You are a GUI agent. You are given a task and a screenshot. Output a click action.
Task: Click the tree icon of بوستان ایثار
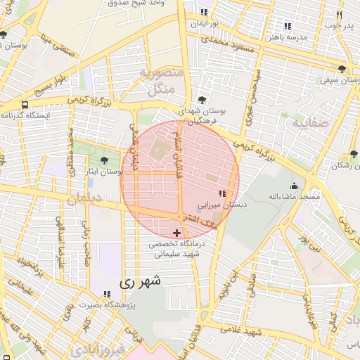[x=105, y=161]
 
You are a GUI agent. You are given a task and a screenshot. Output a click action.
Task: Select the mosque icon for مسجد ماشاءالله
[x=294, y=187]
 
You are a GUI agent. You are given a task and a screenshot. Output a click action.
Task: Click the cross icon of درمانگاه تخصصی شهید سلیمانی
[x=176, y=232]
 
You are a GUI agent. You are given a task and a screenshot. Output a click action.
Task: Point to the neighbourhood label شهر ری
[x=140, y=281]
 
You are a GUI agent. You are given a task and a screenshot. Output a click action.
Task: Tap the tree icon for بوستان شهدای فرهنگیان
[x=202, y=100]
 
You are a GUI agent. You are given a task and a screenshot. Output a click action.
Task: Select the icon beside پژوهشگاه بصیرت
[x=107, y=294]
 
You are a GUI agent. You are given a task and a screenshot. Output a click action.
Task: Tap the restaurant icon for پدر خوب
[x=339, y=15]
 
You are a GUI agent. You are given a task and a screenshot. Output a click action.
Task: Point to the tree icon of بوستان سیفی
[x=342, y=69]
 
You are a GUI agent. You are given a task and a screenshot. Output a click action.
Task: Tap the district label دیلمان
[x=86, y=199]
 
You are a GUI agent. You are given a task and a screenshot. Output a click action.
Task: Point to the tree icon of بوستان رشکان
[x=352, y=154]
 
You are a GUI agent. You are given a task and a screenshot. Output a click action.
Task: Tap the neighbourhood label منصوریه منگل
[x=161, y=80]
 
